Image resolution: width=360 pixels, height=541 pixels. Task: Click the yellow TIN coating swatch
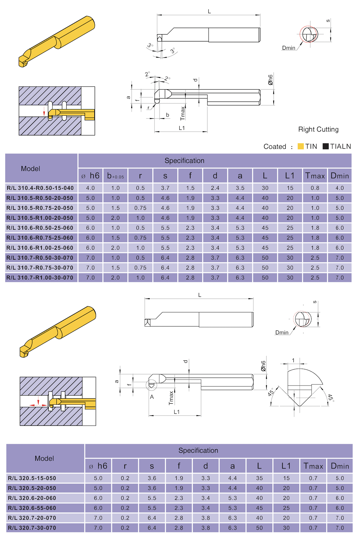tap(300, 146)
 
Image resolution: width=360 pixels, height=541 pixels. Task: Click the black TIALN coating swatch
tap(325, 146)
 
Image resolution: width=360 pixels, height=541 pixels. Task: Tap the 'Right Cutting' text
tap(318, 129)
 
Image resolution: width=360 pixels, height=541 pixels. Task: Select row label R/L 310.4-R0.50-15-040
tap(40, 188)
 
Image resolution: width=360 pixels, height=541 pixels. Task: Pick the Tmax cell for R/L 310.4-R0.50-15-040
tap(315, 188)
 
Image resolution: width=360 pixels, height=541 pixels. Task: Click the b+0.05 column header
tap(115, 176)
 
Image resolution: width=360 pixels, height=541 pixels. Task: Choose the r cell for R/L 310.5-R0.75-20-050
tap(140, 208)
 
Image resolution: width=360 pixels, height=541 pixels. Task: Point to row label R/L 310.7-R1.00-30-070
tap(40, 278)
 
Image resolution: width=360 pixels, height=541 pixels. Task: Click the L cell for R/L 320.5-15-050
tap(259, 478)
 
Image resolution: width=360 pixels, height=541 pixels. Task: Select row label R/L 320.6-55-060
tap(32, 508)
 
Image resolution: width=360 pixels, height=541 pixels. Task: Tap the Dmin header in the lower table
tap(340, 466)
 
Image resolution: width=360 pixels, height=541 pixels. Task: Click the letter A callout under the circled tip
tap(152, 397)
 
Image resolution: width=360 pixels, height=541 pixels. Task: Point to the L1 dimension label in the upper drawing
tap(182, 128)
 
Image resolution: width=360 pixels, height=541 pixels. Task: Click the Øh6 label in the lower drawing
tap(263, 366)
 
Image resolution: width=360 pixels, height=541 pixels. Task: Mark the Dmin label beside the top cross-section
tap(288, 48)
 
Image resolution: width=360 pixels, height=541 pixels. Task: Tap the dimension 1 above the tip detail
tap(293, 360)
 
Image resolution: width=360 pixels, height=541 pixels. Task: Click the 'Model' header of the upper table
tap(31, 169)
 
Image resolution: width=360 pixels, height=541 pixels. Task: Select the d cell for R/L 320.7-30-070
tap(205, 528)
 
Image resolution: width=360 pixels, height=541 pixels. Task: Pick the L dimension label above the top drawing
tap(209, 12)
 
